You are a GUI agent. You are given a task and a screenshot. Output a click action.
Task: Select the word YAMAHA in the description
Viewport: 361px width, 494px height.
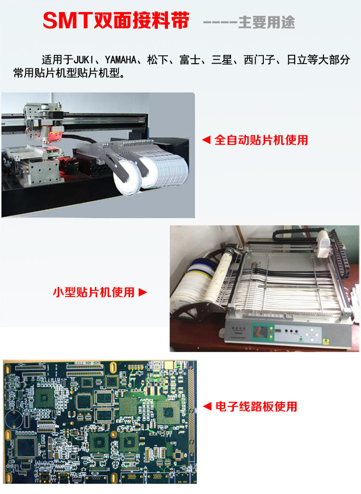click(x=121, y=60)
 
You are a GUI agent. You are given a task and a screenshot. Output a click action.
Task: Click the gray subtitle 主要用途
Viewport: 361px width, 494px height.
click(x=267, y=22)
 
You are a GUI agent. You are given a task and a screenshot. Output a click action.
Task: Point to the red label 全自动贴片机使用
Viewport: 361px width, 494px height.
click(x=261, y=140)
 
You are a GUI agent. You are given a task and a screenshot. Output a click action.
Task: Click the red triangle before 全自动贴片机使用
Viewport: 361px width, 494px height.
click(x=206, y=140)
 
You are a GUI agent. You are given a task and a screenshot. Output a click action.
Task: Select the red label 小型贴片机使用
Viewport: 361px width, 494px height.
click(x=93, y=292)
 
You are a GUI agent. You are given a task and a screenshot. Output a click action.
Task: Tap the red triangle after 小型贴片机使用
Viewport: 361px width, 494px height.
click(x=142, y=292)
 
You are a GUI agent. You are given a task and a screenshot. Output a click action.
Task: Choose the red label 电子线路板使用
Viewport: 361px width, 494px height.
click(x=256, y=406)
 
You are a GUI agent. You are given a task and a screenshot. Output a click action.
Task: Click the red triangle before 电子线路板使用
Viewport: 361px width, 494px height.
click(x=207, y=406)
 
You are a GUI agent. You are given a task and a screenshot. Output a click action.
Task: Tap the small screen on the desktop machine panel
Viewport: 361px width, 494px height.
click(x=260, y=333)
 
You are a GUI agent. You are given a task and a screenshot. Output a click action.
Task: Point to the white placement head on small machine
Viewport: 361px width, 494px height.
click(x=322, y=243)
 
